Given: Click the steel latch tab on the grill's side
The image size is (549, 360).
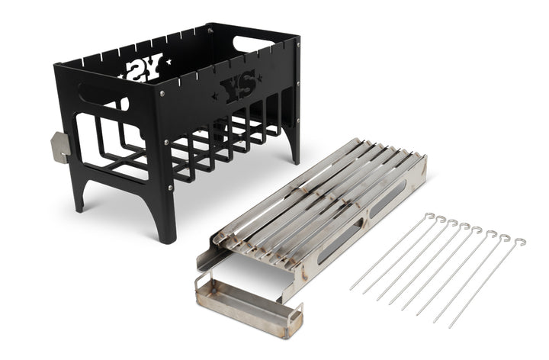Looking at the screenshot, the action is (60, 147).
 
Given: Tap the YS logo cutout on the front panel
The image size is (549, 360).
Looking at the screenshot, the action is (237, 86).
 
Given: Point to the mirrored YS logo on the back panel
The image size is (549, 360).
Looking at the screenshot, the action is (143, 67).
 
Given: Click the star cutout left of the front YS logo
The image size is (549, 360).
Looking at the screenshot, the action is (214, 95).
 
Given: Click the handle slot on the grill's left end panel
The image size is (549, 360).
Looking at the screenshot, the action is (103, 96).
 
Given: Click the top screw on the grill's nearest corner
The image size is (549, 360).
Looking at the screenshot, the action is (162, 93).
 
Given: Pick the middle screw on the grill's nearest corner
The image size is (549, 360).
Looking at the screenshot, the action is (166, 142).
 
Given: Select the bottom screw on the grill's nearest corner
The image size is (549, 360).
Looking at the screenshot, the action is (170, 188).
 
